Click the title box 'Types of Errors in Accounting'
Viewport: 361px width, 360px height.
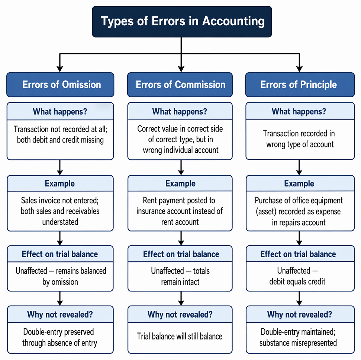point(182,22)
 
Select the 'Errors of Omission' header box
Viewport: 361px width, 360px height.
point(60,85)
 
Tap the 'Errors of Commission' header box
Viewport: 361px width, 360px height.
point(180,85)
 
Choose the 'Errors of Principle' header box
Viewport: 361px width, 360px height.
point(300,85)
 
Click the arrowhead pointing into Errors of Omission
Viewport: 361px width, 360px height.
point(60,69)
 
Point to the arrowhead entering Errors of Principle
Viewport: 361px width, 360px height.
point(299,69)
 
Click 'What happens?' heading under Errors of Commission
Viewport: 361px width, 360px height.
point(180,112)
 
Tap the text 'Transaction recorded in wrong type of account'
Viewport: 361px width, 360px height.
point(299,139)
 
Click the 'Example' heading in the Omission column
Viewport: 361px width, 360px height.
point(60,184)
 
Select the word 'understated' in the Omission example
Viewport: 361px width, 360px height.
point(60,222)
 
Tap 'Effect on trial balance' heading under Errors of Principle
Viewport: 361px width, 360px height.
point(298,254)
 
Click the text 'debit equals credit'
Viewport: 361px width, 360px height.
point(297,281)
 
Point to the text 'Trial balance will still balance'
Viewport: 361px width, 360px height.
point(180,336)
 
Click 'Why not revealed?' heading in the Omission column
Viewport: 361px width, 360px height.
point(60,314)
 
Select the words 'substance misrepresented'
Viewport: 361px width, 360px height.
point(298,343)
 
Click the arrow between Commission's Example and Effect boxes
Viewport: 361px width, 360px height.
point(181,238)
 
